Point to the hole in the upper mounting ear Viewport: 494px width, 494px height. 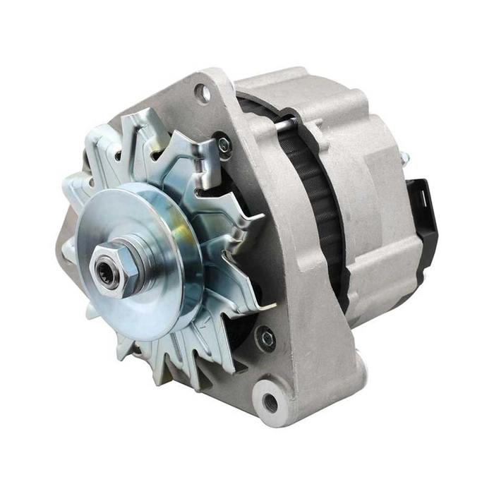pyautogui.click(x=203, y=91)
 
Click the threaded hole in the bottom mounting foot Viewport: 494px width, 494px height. pyautogui.click(x=270, y=402)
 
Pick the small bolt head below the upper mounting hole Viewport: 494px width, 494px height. pyautogui.click(x=224, y=145)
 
